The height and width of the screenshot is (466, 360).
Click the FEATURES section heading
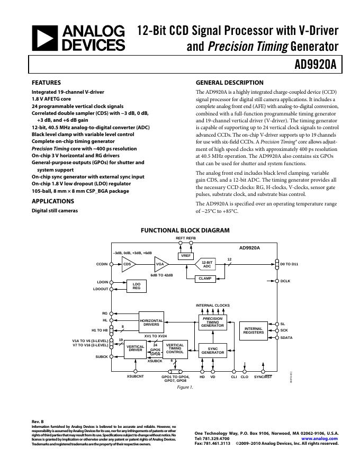[47, 83]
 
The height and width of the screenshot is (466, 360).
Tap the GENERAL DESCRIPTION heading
[229, 83]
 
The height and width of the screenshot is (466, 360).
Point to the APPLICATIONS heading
[53, 201]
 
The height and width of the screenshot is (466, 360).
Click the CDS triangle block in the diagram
[128, 264]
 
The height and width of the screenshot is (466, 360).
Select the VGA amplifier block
[159, 264]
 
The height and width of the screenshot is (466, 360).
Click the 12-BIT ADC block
[207, 264]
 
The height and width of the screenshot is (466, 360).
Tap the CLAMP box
[205, 277]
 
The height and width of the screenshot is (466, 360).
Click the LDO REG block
[136, 286]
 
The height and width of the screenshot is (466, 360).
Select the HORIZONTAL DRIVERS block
[151, 322]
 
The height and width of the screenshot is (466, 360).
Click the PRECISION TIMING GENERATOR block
[212, 322]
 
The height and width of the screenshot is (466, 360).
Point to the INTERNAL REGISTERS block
[254, 330]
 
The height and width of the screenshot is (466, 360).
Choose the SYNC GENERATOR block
[212, 350]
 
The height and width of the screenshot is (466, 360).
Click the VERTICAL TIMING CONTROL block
[175, 348]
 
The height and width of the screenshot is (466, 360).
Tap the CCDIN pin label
[102, 264]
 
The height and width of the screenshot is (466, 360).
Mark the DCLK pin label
[285, 281]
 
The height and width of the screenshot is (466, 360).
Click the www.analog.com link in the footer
[319, 438]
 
